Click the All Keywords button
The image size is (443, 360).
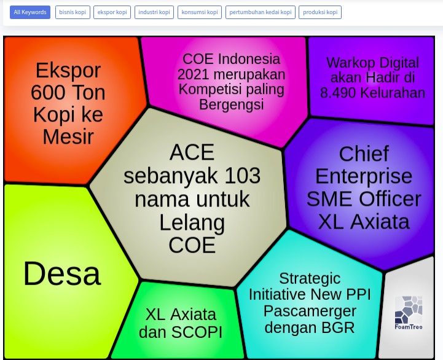pyautogui.click(x=30, y=12)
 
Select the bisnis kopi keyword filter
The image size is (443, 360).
pyautogui.click(x=73, y=12)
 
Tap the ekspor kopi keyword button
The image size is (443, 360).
pyautogui.click(x=112, y=12)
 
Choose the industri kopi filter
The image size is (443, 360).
pyautogui.click(x=154, y=12)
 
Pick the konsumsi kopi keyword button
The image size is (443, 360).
pyautogui.click(x=200, y=12)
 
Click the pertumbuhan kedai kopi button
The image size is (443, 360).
pyautogui.click(x=261, y=12)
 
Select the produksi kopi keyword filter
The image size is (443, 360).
pyautogui.click(x=320, y=12)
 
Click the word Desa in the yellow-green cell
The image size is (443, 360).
pyautogui.click(x=62, y=274)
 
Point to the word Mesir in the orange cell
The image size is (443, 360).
pyautogui.click(x=68, y=137)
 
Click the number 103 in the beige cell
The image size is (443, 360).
pyautogui.click(x=243, y=176)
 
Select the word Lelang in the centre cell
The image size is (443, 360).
pyautogui.click(x=192, y=223)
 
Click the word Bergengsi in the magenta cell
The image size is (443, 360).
pyautogui.click(x=232, y=104)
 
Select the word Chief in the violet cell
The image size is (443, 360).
pyautogui.click(x=364, y=154)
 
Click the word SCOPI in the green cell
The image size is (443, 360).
pyautogui.click(x=197, y=332)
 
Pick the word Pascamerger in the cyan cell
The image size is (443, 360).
pyautogui.click(x=310, y=311)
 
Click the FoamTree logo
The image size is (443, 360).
pyautogui.click(x=409, y=313)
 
